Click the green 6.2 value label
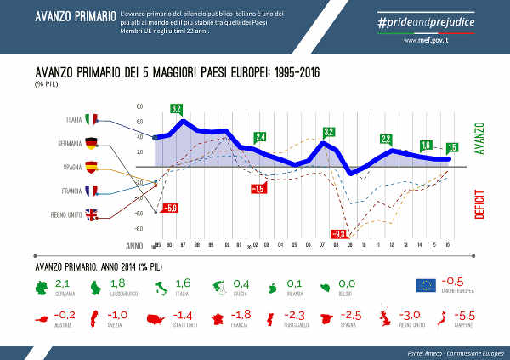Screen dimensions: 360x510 pyautogui.click(x=177, y=109)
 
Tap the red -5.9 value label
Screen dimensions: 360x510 pyautogui.click(x=169, y=207)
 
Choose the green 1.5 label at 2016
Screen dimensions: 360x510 pyautogui.click(x=451, y=147)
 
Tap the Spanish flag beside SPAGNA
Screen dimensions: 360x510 pyautogui.click(x=93, y=167)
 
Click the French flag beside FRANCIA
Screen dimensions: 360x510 pyautogui.click(x=93, y=191)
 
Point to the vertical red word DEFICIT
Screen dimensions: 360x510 pyautogui.click(x=479, y=204)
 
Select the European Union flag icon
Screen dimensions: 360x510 pyautogui.click(x=427, y=286)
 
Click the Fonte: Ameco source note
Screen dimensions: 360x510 pyautogui.click(x=447, y=350)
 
